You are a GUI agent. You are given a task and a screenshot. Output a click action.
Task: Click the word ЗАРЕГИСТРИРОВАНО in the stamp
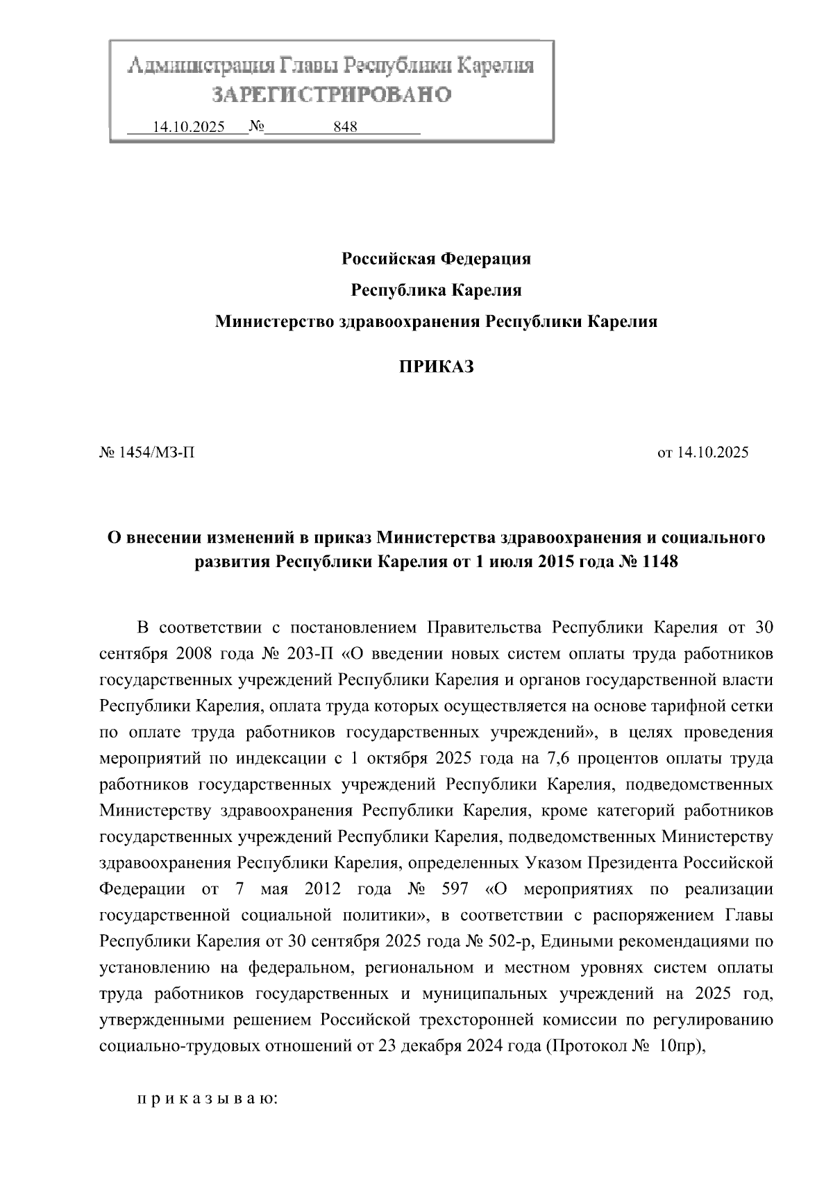[332, 94]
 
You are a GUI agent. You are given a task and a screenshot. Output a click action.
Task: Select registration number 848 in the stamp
[345, 127]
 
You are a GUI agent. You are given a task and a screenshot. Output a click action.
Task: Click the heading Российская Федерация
[436, 259]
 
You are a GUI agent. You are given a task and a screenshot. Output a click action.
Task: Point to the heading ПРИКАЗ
[436, 367]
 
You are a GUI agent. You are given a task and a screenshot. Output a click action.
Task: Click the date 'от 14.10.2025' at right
[702, 453]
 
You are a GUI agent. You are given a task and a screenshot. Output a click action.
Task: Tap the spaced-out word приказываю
[207, 1100]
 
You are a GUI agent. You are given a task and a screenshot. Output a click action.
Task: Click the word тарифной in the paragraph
[690, 706]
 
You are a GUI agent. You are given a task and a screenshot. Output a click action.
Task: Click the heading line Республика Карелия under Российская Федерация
[436, 290]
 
